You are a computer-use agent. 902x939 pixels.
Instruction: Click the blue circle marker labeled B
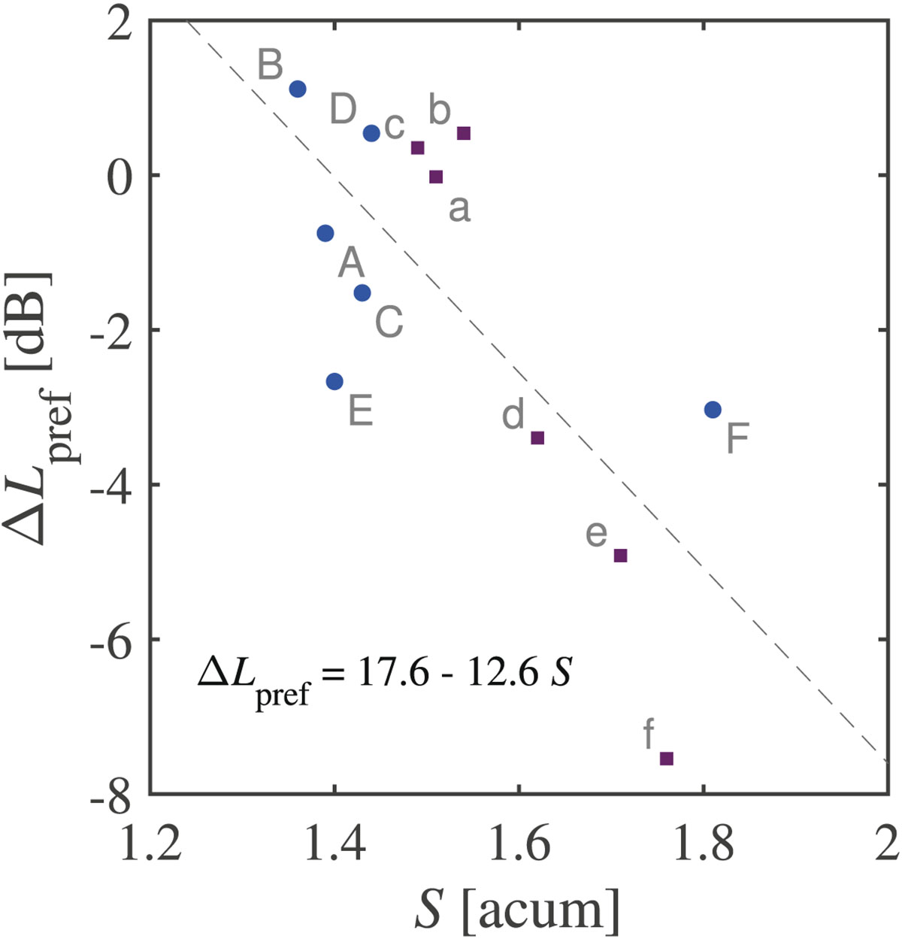pyautogui.click(x=298, y=89)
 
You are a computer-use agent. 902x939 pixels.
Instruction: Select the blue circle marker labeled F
pyautogui.click(x=713, y=410)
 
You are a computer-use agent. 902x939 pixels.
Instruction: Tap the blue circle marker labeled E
pyautogui.click(x=334, y=381)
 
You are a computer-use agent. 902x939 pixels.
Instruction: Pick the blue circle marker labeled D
pyautogui.click(x=371, y=133)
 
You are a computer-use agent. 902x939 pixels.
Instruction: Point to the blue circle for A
pyautogui.click(x=325, y=233)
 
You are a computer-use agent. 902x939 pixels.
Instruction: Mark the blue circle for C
pyautogui.click(x=362, y=292)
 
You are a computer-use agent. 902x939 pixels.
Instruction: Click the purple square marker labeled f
pyautogui.click(x=666, y=759)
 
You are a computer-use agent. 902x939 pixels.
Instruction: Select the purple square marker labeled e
pyautogui.click(x=620, y=556)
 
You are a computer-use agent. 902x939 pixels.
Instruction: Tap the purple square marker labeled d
pyautogui.click(x=537, y=438)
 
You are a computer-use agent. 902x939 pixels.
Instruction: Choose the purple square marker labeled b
pyautogui.click(x=464, y=133)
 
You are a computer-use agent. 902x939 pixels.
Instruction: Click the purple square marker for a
pyautogui.click(x=436, y=177)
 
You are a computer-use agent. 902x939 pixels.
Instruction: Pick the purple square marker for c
pyautogui.click(x=418, y=147)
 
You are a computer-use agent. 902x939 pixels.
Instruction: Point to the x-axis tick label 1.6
pyautogui.click(x=519, y=844)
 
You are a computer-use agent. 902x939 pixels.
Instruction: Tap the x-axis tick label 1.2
pyautogui.click(x=150, y=844)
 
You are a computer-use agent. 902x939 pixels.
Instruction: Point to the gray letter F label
pyautogui.click(x=737, y=439)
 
